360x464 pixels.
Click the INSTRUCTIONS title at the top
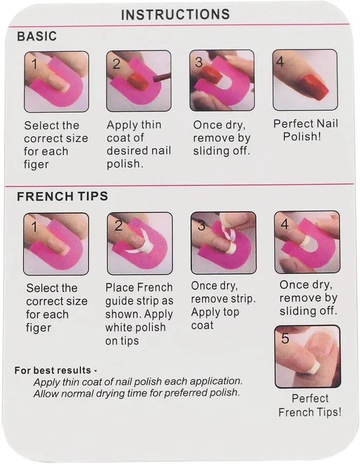tap(175, 14)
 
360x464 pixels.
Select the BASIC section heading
tap(37, 36)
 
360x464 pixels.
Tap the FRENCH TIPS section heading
tap(62, 196)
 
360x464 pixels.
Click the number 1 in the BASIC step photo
tap(34, 64)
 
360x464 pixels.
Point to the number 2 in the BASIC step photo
tap(116, 64)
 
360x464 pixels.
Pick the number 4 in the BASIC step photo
tap(280, 62)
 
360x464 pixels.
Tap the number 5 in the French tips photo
tap(285, 339)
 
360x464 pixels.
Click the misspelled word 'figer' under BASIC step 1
tap(36, 164)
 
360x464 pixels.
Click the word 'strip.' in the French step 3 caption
tap(242, 299)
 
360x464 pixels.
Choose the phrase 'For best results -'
tap(56, 370)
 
